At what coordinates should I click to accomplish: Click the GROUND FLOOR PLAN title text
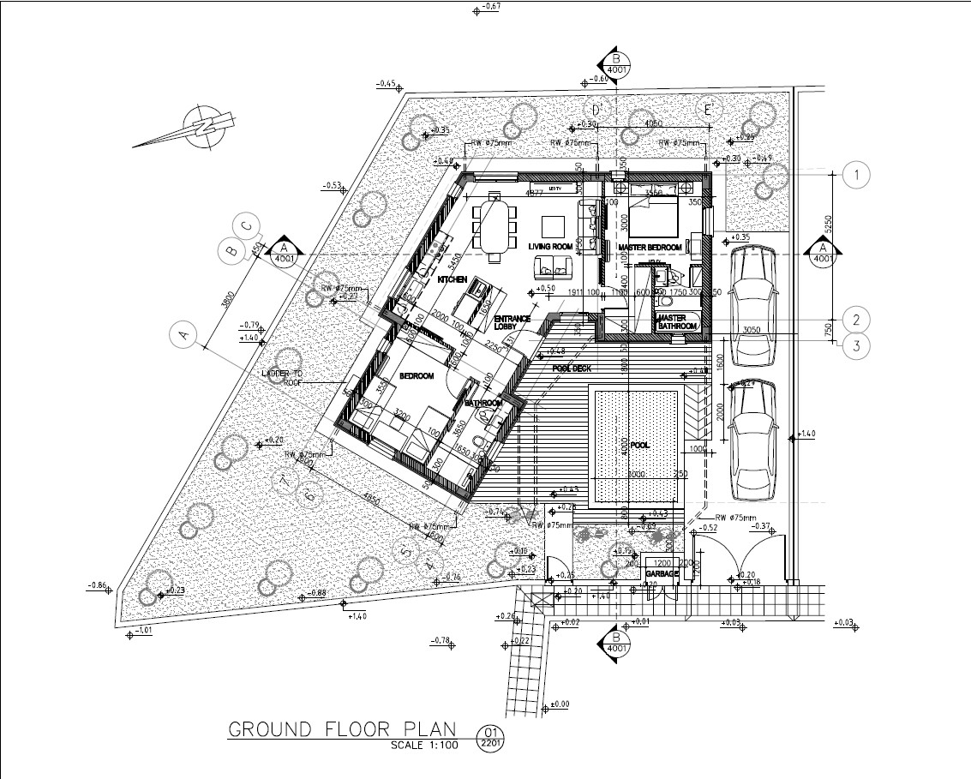coord(342,729)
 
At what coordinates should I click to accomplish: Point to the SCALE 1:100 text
coord(426,745)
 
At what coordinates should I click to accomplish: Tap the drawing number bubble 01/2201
coord(491,737)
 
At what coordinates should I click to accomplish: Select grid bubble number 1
coord(856,175)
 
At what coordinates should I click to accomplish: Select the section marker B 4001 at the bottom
coord(615,642)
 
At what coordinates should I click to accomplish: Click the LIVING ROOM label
coord(550,247)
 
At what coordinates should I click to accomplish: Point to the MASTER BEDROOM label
coord(650,248)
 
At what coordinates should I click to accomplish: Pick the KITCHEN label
coord(452,280)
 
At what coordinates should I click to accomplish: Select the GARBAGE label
coord(662,574)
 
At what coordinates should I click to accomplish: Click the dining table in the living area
coord(494,226)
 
